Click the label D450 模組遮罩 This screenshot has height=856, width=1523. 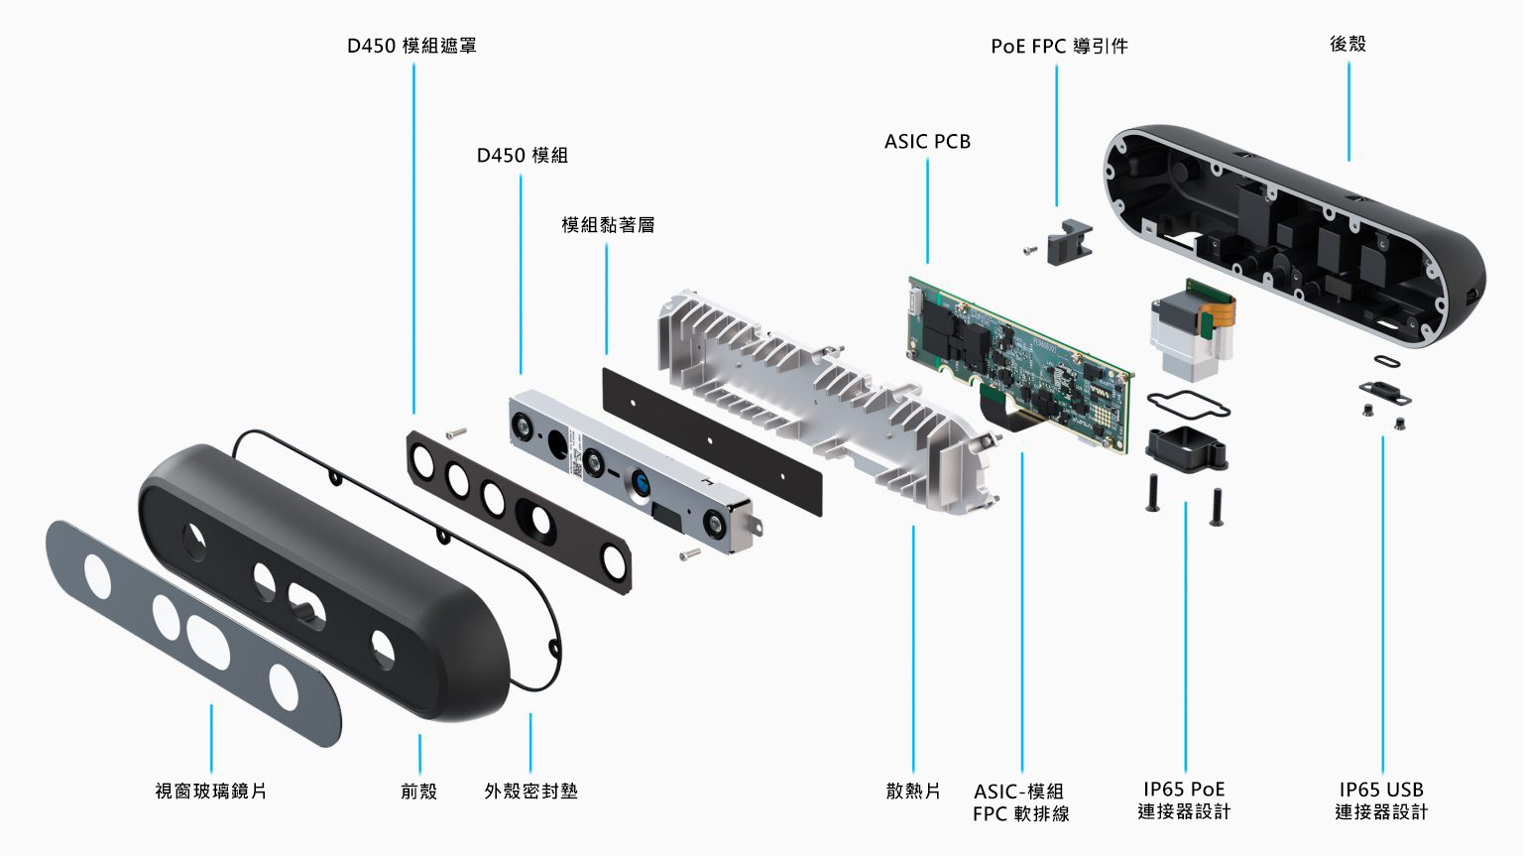(411, 46)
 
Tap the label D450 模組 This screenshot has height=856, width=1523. (522, 156)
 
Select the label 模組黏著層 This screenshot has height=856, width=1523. (608, 225)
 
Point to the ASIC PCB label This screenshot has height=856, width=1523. (927, 142)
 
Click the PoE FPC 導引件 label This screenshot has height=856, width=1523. (1059, 47)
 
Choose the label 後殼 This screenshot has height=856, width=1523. (1347, 44)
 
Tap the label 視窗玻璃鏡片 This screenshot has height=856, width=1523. (210, 791)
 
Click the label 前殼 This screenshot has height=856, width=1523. (418, 791)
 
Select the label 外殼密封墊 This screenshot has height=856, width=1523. (530, 791)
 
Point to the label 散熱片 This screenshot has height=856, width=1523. (912, 791)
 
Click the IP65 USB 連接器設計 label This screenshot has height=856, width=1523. (1381, 800)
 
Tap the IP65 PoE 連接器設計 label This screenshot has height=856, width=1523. (1184, 800)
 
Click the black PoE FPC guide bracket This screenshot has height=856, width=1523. (1069, 243)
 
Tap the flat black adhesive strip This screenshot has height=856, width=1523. (712, 441)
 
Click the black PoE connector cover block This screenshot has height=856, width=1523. (1186, 448)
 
